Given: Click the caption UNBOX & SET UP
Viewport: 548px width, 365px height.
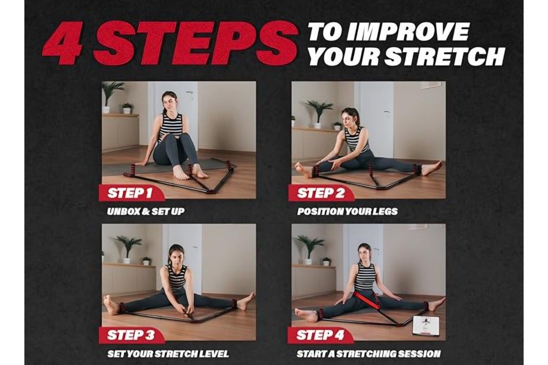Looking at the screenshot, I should point(146,211).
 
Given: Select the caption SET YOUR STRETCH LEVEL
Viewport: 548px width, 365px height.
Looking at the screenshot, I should point(168,353).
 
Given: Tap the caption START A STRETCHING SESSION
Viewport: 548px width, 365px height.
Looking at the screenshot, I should point(368,353).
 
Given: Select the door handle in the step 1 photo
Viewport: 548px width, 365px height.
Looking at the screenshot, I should point(190,93).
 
